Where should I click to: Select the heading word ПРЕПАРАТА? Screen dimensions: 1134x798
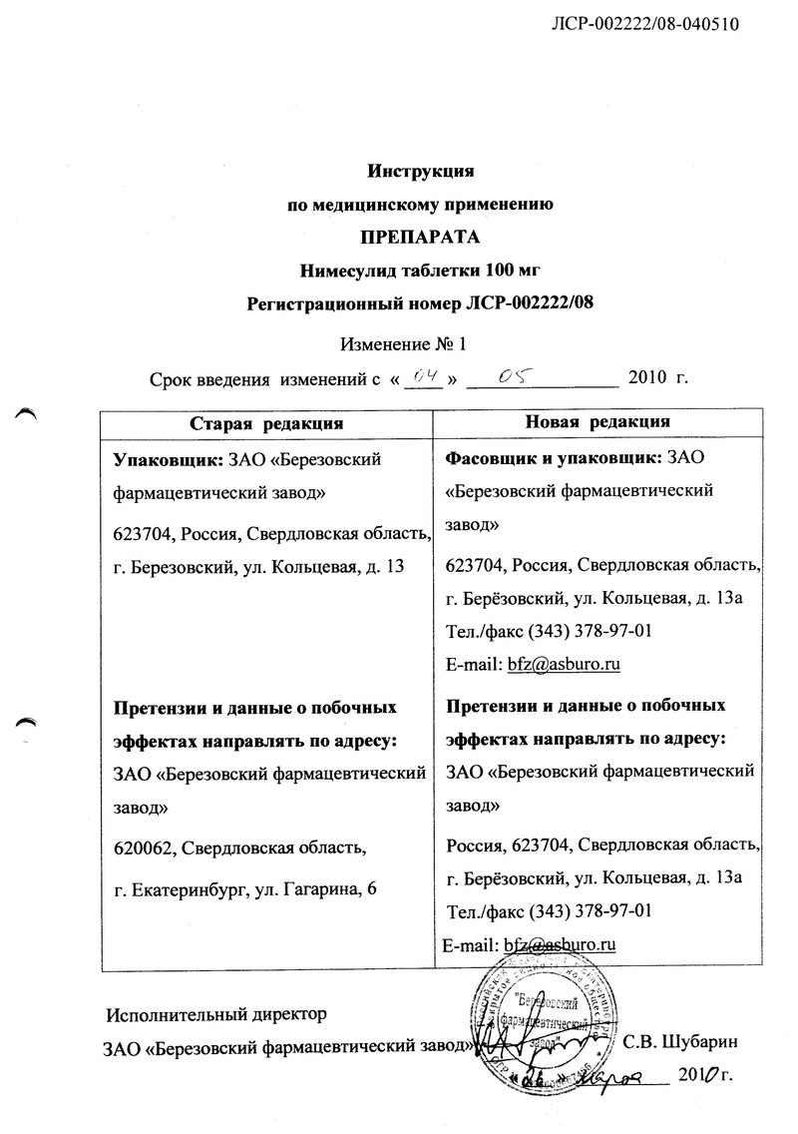pos(419,237)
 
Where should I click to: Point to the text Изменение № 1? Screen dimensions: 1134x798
pos(403,344)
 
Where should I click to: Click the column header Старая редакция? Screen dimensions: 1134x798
pos(266,423)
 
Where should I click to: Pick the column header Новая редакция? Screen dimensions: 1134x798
pos(597,422)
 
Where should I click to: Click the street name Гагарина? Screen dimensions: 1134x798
pos(315,889)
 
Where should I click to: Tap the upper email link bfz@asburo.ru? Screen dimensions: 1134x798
pos(566,664)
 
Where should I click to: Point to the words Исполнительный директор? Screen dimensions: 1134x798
pos(216,1016)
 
